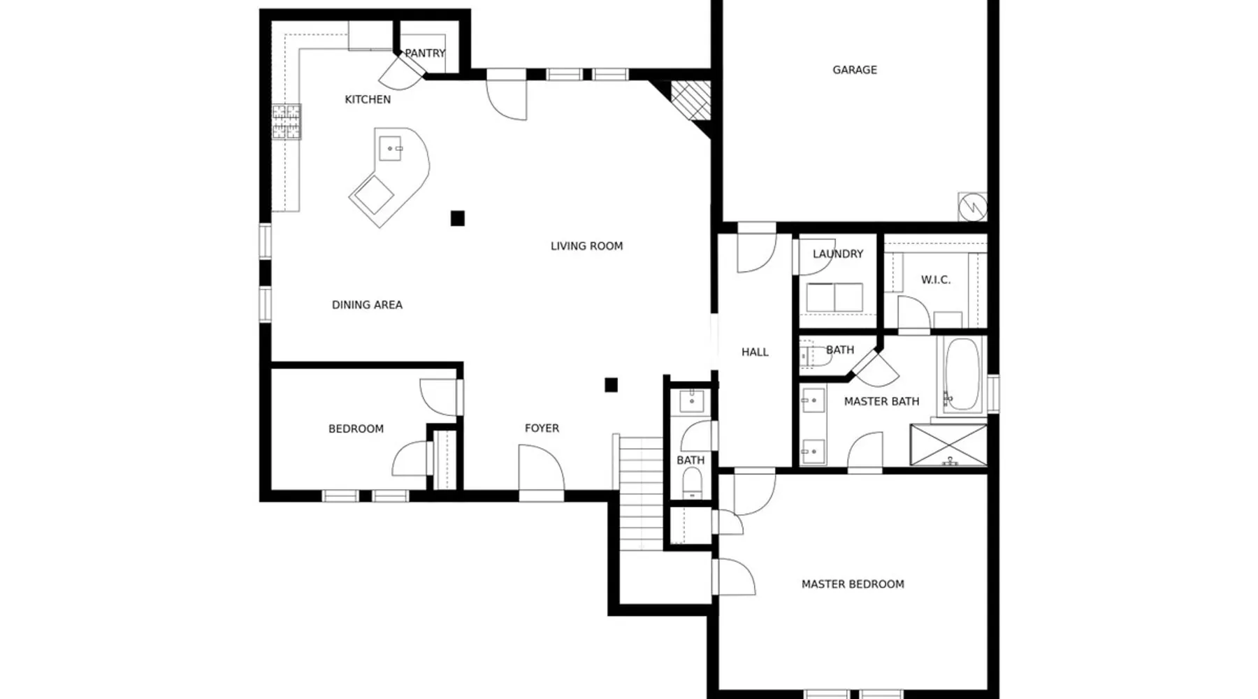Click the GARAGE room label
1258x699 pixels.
click(854, 70)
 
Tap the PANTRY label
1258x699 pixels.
click(425, 53)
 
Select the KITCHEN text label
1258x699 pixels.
click(368, 99)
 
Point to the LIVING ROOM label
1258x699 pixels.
click(586, 246)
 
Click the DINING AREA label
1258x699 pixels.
click(367, 305)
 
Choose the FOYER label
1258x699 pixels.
click(542, 428)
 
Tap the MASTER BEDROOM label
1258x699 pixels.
click(853, 584)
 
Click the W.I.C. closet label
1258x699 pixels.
click(936, 280)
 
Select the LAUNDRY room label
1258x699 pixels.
click(838, 254)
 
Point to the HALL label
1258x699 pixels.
click(755, 352)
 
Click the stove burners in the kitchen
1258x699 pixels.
click(287, 122)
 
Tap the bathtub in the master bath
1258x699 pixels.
click(962, 375)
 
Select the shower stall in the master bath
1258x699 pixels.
click(948, 445)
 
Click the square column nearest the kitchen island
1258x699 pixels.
click(458, 219)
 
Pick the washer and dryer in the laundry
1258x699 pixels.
click(834, 298)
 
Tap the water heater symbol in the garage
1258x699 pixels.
click(972, 206)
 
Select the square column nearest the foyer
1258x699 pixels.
click(611, 384)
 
